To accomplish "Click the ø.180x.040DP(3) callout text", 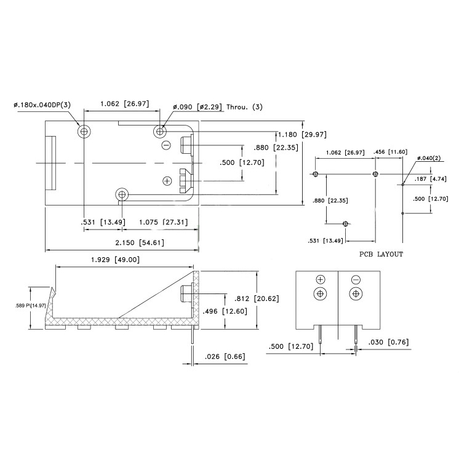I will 42,105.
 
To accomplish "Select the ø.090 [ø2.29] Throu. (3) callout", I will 217,107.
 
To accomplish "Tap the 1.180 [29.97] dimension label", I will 301,134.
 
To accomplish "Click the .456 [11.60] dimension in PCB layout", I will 390,152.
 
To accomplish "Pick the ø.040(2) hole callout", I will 428,159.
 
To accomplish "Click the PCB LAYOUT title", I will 381,254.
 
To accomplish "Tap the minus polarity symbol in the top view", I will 166,145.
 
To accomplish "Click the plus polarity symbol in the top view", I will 166,180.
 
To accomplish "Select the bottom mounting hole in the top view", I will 122,195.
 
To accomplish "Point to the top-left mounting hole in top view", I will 83,131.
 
